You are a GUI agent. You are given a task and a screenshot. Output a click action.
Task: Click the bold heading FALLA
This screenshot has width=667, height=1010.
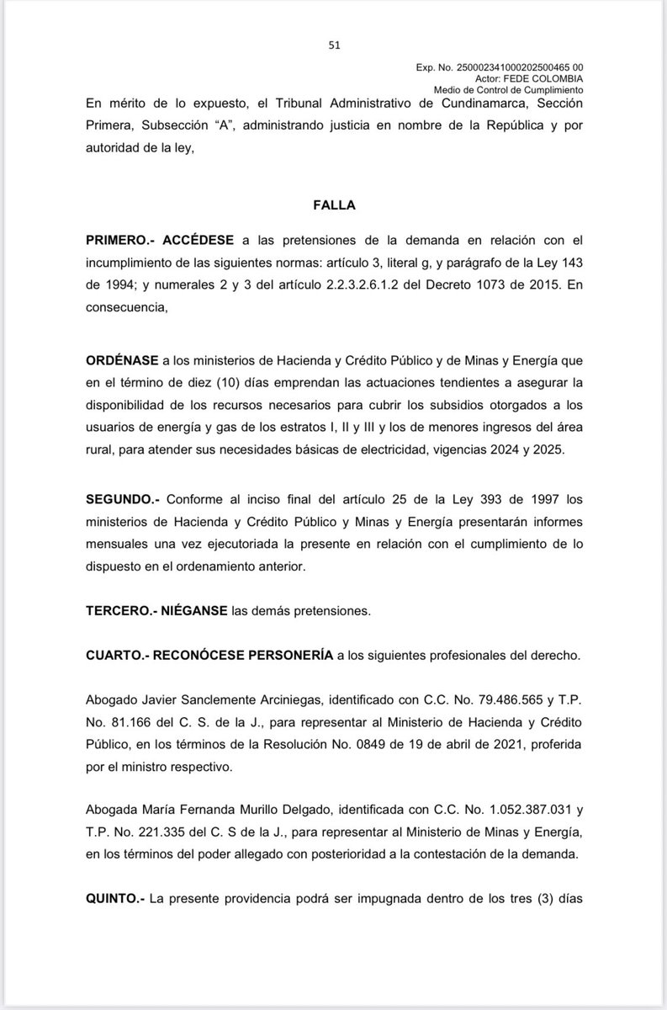coord(334,204)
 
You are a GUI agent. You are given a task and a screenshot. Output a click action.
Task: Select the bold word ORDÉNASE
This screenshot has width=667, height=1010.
coord(123,359)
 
